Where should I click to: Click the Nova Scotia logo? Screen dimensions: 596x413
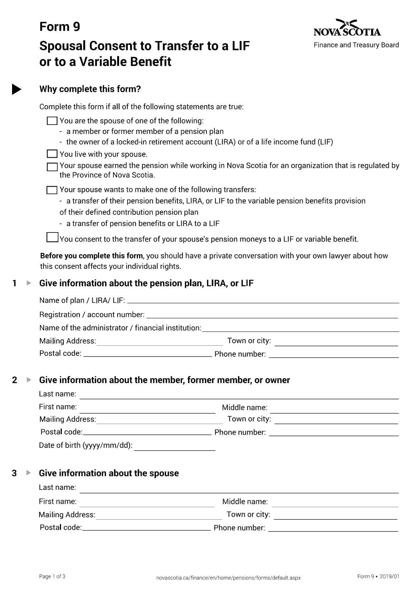pyautogui.click(x=347, y=28)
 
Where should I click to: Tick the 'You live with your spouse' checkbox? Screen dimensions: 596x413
pyautogui.click(x=52, y=154)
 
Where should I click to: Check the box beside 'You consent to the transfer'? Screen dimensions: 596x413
pyautogui.click(x=52, y=237)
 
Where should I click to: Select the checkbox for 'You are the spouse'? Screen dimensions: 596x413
pyautogui.click(x=52, y=121)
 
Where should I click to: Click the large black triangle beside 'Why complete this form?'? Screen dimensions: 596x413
pyautogui.click(x=16, y=89)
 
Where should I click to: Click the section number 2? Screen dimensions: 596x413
pyautogui.click(x=15, y=380)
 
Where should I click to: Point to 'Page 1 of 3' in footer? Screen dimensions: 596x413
pyautogui.click(x=52, y=576)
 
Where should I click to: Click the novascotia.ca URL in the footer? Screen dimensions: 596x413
pyautogui.click(x=228, y=578)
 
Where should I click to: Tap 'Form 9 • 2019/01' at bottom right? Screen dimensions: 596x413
pyautogui.click(x=378, y=576)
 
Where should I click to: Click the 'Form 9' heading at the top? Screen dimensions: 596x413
pyautogui.click(x=60, y=27)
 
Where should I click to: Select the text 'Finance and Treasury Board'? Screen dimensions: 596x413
pyautogui.click(x=356, y=45)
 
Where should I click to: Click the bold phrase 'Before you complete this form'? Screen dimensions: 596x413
pyautogui.click(x=92, y=256)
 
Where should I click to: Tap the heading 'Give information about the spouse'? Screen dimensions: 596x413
pyautogui.click(x=109, y=473)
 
